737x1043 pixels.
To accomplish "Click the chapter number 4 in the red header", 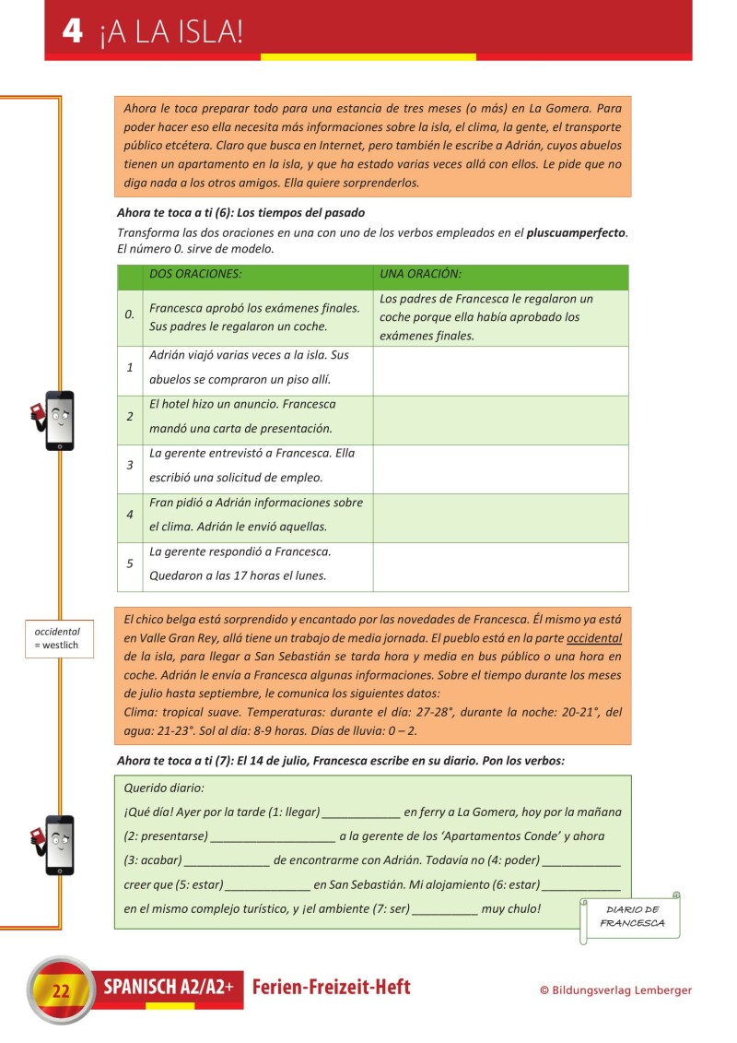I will pyautogui.click(x=72, y=31).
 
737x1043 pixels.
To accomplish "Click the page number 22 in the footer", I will pyautogui.click(x=61, y=991).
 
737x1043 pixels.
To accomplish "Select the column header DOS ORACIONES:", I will pyautogui.click(x=195, y=274).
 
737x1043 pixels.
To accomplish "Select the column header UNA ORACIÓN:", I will pyautogui.click(x=420, y=274).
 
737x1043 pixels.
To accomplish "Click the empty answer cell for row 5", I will pyautogui.click(x=500, y=565).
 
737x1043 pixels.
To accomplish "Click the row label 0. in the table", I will pyautogui.click(x=130, y=315).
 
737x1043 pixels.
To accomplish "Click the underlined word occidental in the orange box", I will pyautogui.click(x=594, y=638).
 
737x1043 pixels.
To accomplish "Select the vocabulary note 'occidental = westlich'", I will pyautogui.click(x=59, y=638).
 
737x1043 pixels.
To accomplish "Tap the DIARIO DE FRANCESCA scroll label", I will pyautogui.click(x=632, y=916).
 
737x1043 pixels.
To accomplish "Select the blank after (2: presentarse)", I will pyautogui.click(x=272, y=837).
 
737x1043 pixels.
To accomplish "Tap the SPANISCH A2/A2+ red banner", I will pyautogui.click(x=168, y=988).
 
